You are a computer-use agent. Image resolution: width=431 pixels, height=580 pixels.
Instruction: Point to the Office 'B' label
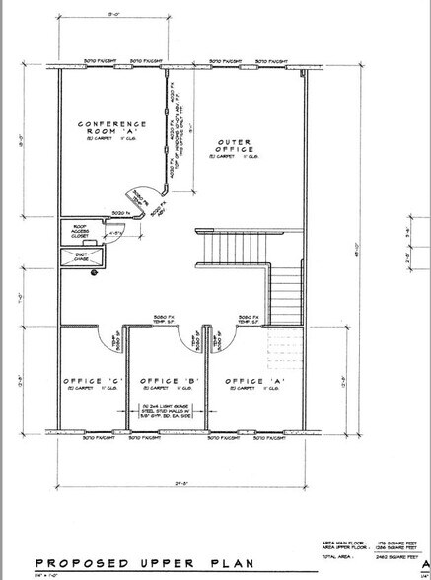click(164, 381)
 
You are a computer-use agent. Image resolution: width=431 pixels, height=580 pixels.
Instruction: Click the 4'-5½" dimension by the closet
click(116, 233)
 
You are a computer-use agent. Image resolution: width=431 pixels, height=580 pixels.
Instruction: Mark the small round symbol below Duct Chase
click(95, 267)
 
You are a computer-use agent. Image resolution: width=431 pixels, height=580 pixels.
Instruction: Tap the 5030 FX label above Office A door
click(249, 317)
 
